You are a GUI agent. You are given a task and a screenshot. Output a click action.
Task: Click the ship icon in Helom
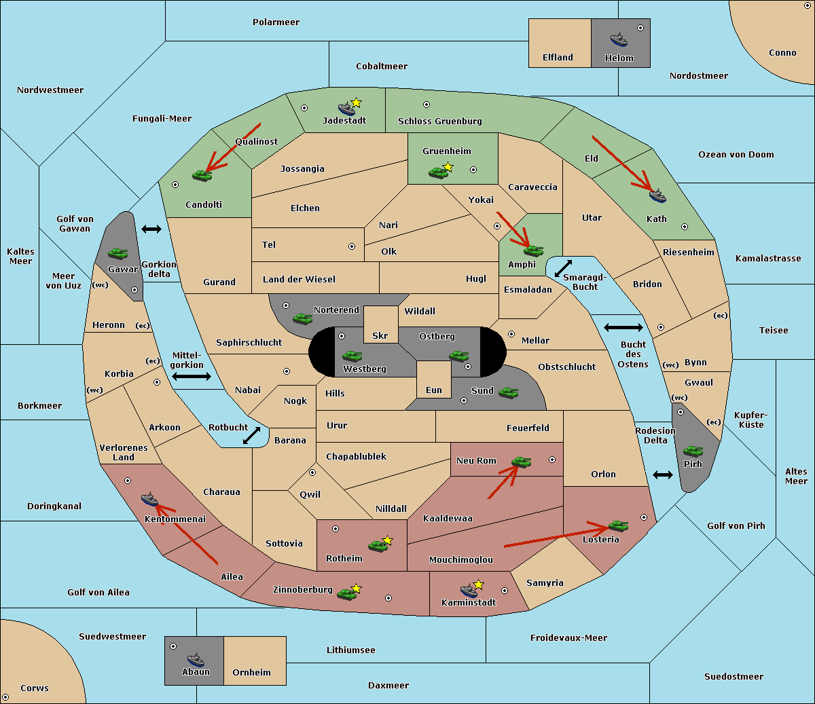pyautogui.click(x=619, y=39)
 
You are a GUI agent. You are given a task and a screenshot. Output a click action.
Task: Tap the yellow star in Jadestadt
pyautogui.click(x=356, y=103)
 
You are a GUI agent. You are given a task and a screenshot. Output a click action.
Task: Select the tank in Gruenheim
pyautogui.click(x=438, y=172)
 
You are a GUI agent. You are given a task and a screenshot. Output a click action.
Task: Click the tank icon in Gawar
pyautogui.click(x=118, y=253)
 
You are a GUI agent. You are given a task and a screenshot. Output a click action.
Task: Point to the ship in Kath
pyautogui.click(x=657, y=196)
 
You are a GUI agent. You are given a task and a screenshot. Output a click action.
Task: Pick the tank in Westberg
pyautogui.click(x=352, y=356)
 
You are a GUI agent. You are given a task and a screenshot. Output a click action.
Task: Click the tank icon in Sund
pyautogui.click(x=508, y=392)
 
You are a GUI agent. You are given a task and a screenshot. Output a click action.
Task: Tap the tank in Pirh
pyautogui.click(x=693, y=451)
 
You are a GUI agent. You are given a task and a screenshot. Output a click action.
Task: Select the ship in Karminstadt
pyautogui.click(x=469, y=590)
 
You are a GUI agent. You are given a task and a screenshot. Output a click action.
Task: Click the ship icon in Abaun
pyautogui.click(x=196, y=659)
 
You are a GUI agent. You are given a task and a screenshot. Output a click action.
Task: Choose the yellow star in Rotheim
pyautogui.click(x=387, y=540)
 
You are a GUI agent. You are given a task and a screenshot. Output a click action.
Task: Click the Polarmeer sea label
pyautogui.click(x=276, y=22)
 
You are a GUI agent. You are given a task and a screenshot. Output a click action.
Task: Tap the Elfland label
pyautogui.click(x=558, y=58)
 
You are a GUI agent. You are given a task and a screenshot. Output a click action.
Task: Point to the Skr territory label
pyautogui.click(x=380, y=335)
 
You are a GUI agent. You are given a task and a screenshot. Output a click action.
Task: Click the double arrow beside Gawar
pyautogui.click(x=151, y=229)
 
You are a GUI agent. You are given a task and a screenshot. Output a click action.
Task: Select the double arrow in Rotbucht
pyautogui.click(x=251, y=435)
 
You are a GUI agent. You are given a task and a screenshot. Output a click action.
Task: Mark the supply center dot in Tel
pyautogui.click(x=352, y=246)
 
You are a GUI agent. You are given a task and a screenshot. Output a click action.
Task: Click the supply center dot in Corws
pyautogui.click(x=5, y=697)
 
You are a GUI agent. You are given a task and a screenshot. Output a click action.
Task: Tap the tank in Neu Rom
pyautogui.click(x=521, y=462)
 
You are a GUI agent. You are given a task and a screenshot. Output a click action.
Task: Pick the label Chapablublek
pyautogui.click(x=356, y=456)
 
